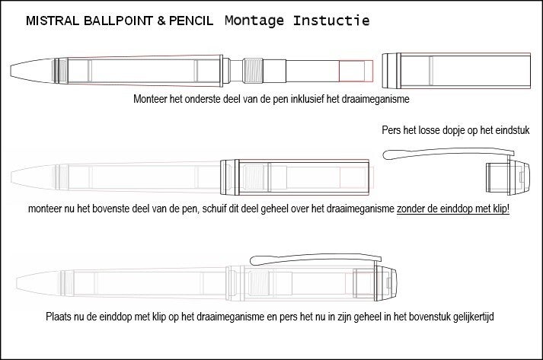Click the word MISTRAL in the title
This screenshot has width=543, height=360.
click(x=53, y=21)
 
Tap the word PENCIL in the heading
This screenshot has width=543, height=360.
click(x=191, y=21)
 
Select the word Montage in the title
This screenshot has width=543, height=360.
click(x=254, y=21)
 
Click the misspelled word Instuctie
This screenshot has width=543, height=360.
click(x=331, y=21)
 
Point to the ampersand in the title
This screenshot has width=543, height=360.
click(x=161, y=21)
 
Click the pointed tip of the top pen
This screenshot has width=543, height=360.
click(x=11, y=71)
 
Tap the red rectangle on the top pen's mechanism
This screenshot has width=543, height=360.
click(x=356, y=71)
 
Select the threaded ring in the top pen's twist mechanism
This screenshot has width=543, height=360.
click(x=253, y=71)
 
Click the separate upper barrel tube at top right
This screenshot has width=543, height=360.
click(x=456, y=71)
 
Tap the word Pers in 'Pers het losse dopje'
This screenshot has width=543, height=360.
click(x=391, y=130)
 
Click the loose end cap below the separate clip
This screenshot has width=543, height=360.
click(x=508, y=177)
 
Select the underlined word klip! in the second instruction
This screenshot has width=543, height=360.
click(x=501, y=209)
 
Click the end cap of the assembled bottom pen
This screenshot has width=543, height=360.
click(x=385, y=283)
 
